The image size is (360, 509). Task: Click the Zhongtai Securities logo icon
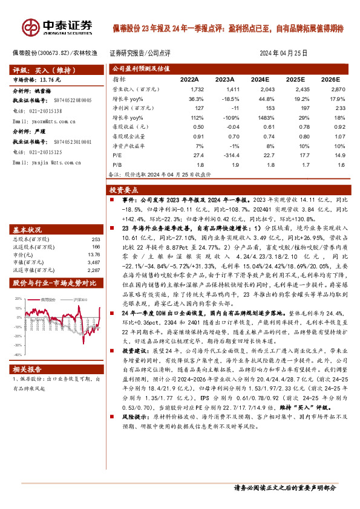coord(30,27)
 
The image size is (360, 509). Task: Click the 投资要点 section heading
coord(128,189)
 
